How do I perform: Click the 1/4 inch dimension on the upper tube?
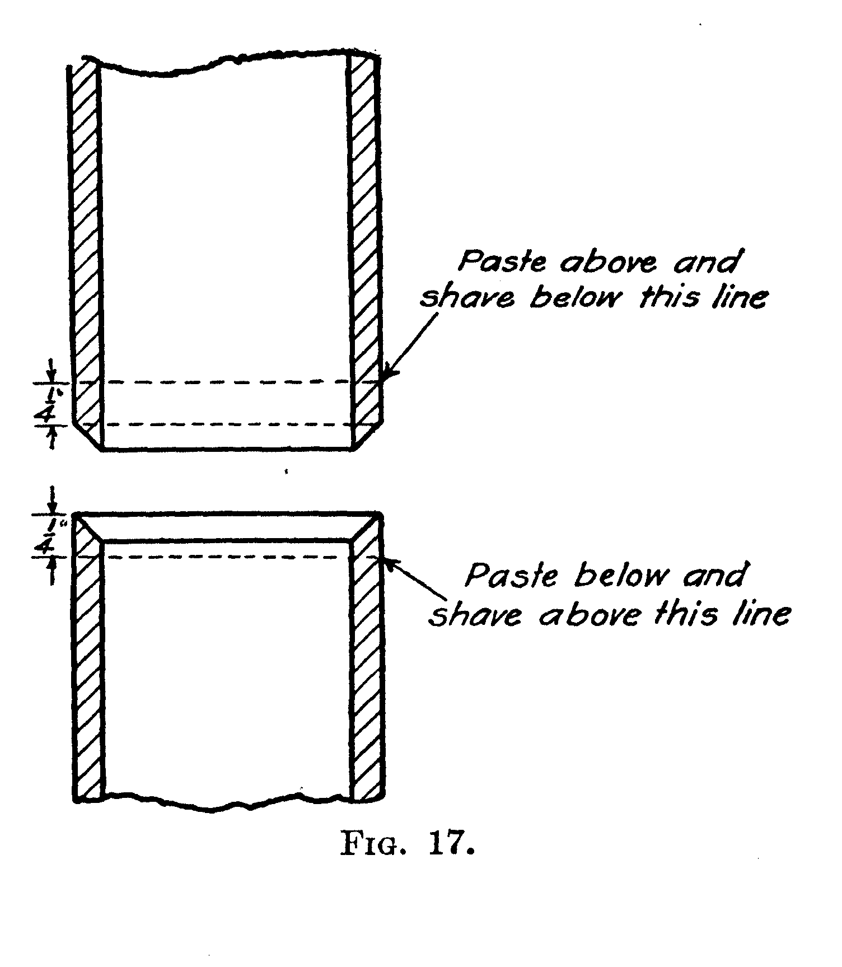52,404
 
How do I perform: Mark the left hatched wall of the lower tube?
88,672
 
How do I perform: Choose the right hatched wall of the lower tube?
367,672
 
